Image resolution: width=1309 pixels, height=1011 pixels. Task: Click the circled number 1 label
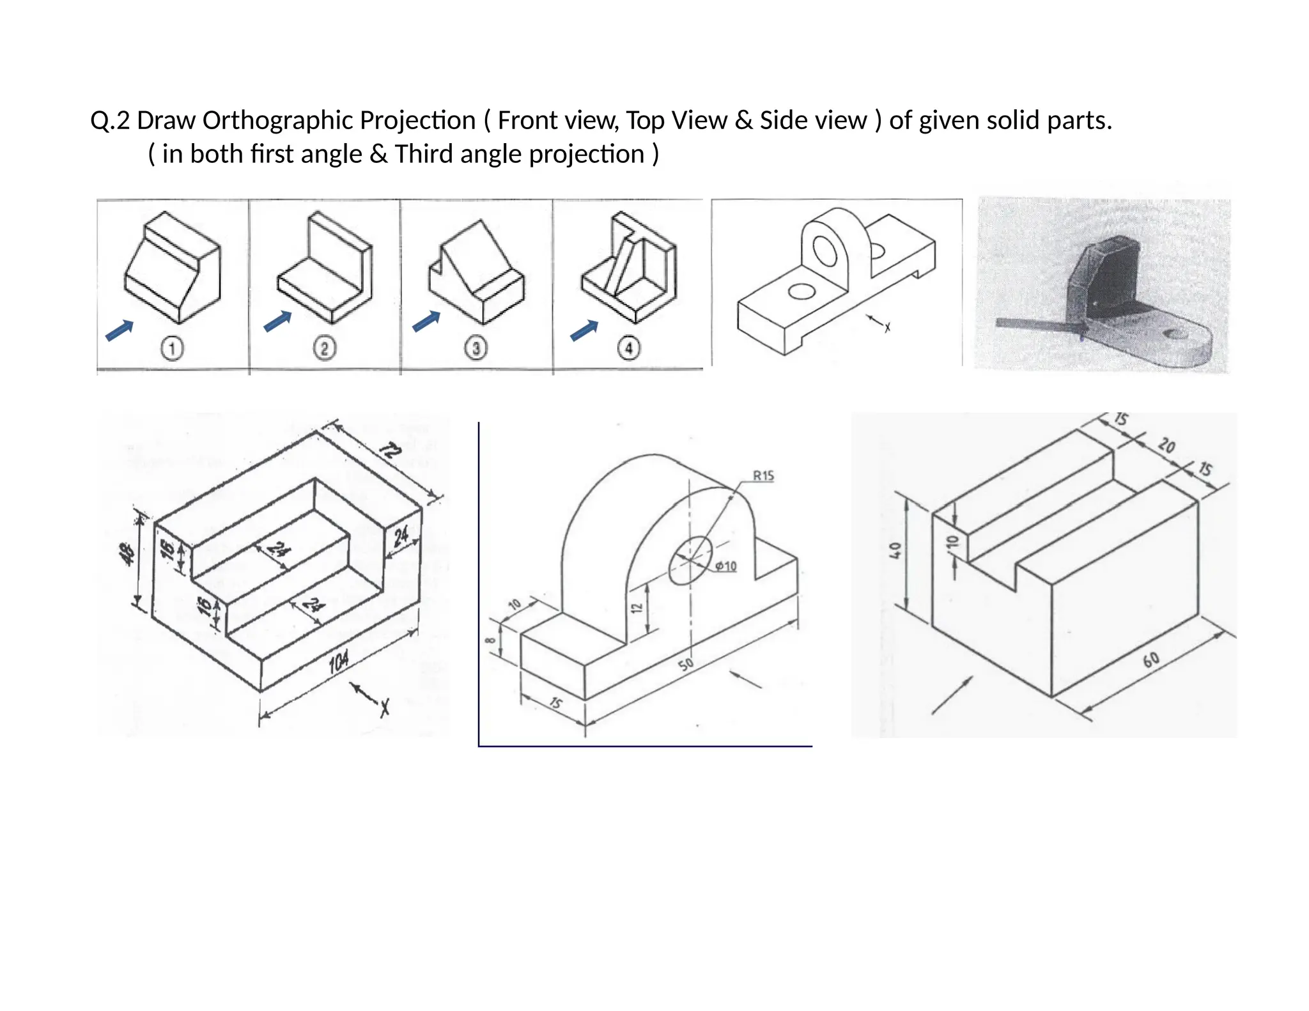[x=172, y=349]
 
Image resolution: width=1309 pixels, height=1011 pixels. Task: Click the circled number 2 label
[x=324, y=349]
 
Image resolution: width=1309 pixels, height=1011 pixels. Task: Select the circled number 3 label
[x=476, y=349]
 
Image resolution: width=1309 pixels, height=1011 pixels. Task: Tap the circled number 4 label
[x=629, y=348]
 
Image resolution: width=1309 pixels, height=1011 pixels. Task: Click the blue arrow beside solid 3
[x=426, y=321]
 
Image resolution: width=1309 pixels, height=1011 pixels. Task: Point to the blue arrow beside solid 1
[x=120, y=330]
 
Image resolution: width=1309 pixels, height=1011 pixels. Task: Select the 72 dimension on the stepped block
[x=391, y=452]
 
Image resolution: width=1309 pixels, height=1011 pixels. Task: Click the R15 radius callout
[x=763, y=475]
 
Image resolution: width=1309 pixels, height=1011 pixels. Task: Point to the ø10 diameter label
[x=725, y=566]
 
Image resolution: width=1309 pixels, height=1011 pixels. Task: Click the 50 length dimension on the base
[x=685, y=665]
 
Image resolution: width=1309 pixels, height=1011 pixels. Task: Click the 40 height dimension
[x=896, y=550]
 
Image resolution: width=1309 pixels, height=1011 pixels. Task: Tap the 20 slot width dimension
[x=1166, y=445]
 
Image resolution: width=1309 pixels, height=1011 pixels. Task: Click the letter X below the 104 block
[x=385, y=707]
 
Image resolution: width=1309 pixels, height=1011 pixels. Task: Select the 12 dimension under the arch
[x=636, y=607]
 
